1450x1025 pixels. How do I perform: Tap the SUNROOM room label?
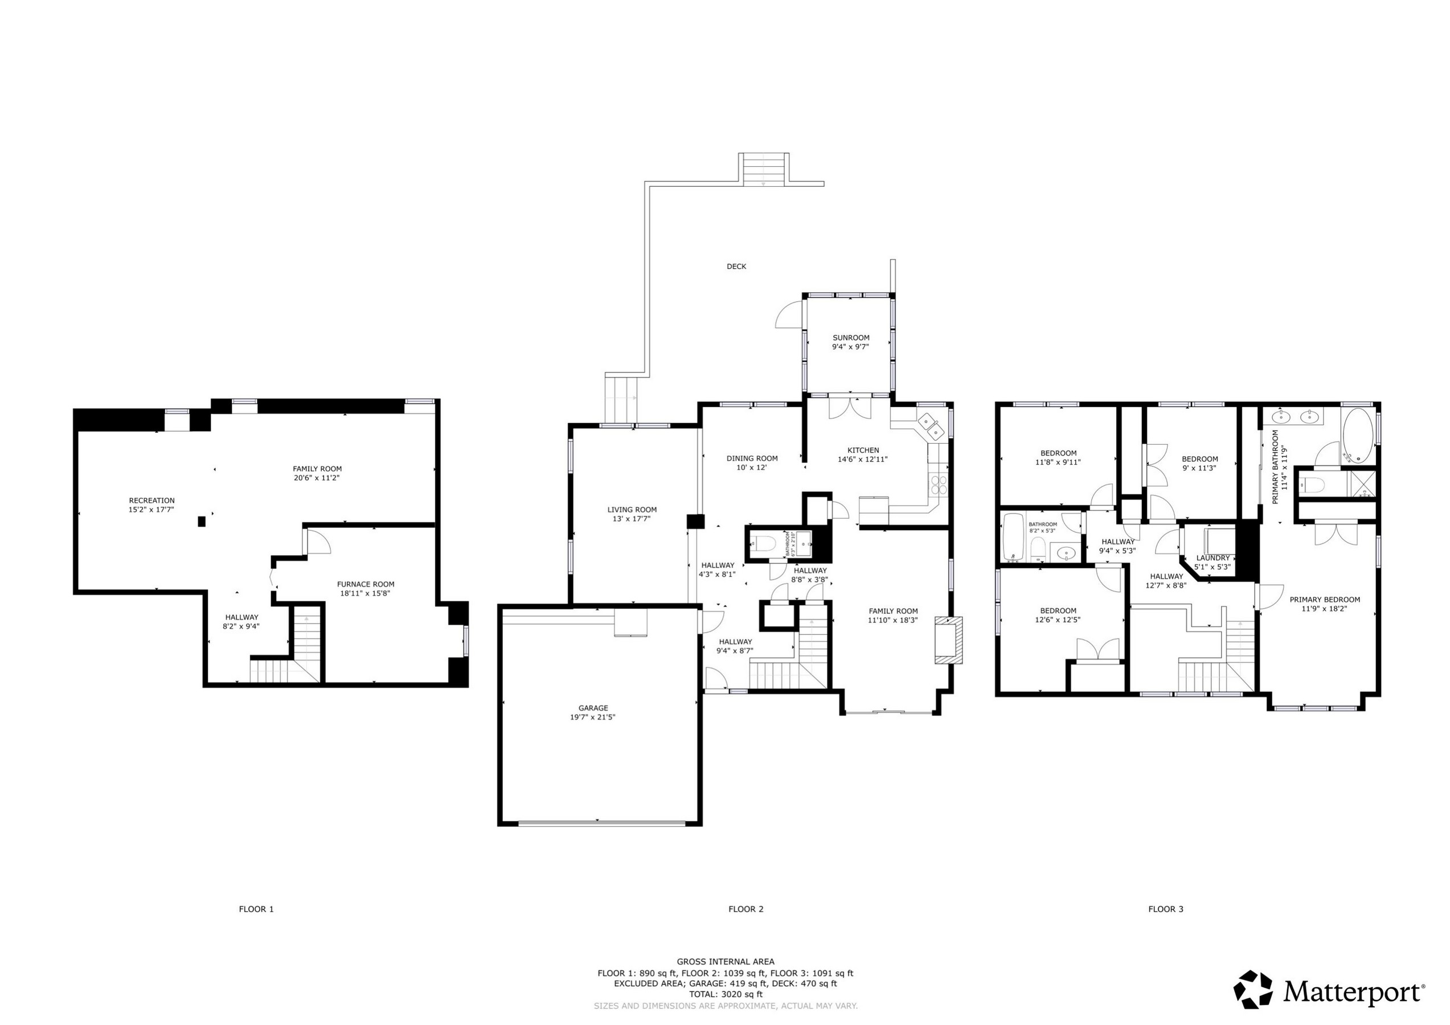click(x=850, y=338)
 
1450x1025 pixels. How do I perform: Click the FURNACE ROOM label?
click(x=366, y=584)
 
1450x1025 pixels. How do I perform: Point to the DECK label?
click(x=736, y=266)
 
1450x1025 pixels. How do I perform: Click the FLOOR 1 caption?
click(x=256, y=909)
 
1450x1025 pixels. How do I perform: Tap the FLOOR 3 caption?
click(x=1165, y=909)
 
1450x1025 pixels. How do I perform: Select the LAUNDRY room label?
click(x=1213, y=557)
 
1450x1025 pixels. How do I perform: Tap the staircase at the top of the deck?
click(x=764, y=169)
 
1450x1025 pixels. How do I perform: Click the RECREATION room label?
click(x=151, y=500)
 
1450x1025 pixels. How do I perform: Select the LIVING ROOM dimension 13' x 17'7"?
click(x=632, y=519)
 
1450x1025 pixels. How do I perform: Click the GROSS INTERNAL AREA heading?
click(x=725, y=961)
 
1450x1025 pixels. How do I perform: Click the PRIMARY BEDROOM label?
click(x=1324, y=599)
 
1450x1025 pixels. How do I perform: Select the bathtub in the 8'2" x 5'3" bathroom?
click(x=1013, y=537)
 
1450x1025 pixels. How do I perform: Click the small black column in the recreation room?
click(x=202, y=521)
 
